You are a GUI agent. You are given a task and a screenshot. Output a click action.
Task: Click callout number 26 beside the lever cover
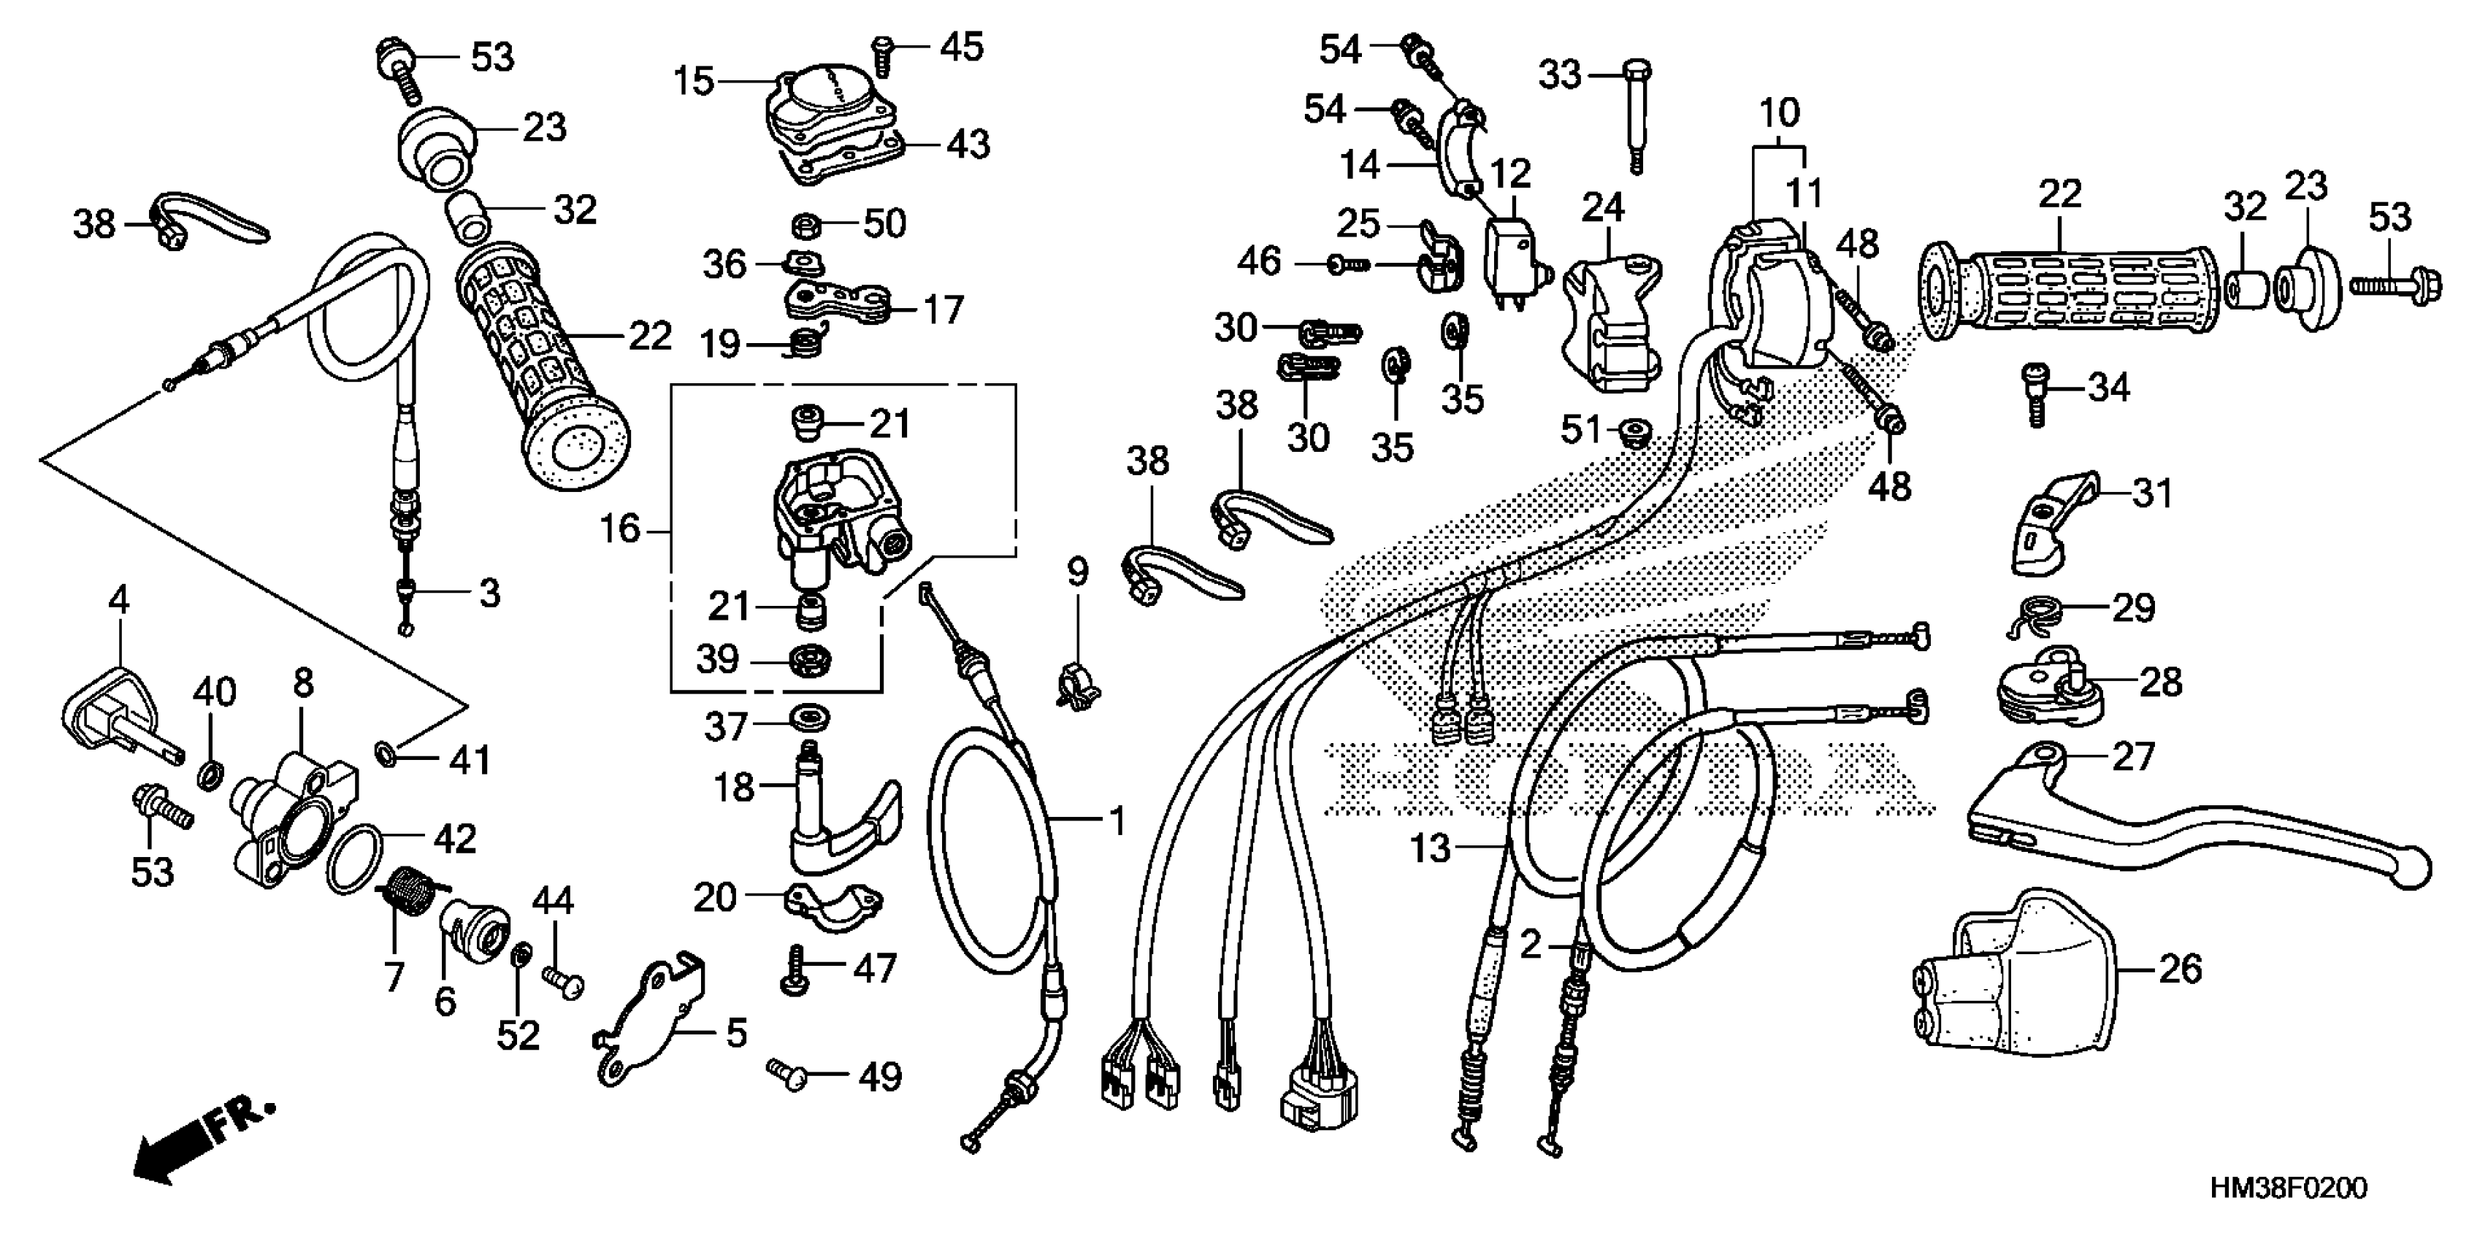(2180, 968)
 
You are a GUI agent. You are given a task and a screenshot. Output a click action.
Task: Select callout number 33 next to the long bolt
(1560, 74)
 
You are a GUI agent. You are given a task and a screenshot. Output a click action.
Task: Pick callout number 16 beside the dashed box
(620, 529)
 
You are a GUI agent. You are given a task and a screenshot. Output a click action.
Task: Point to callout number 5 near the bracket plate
(736, 1034)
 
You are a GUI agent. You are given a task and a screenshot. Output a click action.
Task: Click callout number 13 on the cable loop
(1431, 849)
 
